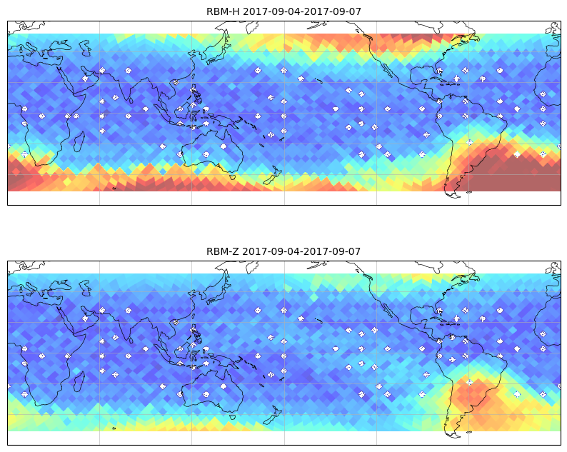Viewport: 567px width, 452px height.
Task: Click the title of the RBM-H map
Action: click(283, 11)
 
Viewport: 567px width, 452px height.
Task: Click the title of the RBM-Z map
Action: click(283, 251)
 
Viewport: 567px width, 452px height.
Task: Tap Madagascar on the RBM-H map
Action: click(79, 141)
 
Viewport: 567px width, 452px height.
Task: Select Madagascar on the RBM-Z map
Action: click(79, 381)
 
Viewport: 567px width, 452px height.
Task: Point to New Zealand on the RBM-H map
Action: click(272, 176)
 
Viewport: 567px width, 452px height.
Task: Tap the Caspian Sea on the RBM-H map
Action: click(86, 48)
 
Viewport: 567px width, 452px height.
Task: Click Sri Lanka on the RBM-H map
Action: click(131, 100)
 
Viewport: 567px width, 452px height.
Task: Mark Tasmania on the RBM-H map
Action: click(232, 176)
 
